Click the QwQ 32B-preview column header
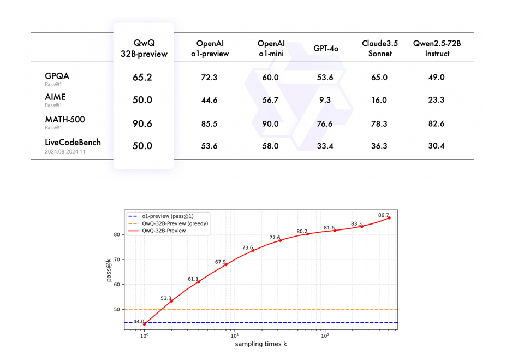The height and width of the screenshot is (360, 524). click(144, 49)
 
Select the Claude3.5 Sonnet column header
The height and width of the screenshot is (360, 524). click(379, 49)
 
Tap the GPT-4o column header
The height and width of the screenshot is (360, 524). click(325, 49)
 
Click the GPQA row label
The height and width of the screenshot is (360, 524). click(57, 76)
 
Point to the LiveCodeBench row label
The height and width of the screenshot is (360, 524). click(73, 143)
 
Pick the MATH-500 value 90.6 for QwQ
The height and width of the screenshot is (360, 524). click(142, 124)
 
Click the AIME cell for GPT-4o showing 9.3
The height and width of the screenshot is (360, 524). click(325, 101)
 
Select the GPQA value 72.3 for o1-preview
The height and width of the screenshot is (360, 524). click(209, 78)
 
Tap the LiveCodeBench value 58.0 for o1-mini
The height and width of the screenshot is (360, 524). click(270, 146)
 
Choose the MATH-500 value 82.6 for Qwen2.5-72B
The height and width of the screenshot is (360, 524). click(436, 124)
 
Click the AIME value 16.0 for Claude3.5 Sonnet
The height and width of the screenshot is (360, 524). click(379, 101)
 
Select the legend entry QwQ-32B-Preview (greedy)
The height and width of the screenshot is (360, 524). click(175, 223)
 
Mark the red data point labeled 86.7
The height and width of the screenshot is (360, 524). click(389, 218)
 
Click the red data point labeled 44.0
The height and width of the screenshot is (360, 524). click(145, 324)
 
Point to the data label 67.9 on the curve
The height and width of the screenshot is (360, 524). click(221, 262)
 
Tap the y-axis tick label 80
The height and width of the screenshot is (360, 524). click(116, 235)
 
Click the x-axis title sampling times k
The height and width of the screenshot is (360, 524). click(261, 344)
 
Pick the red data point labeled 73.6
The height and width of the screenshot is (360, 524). click(253, 250)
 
